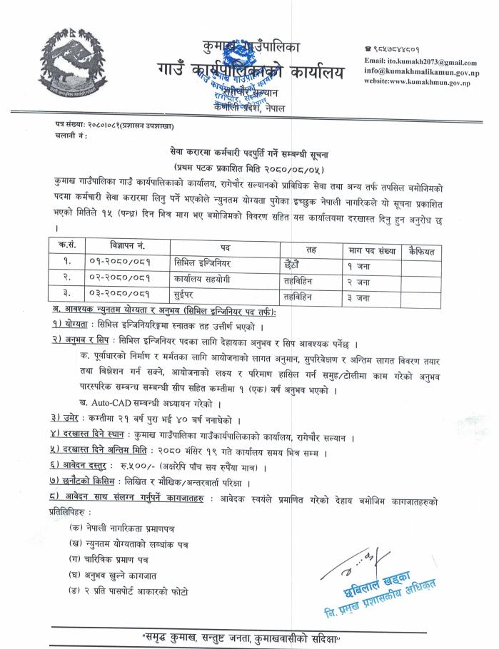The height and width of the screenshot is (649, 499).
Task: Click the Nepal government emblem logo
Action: coord(69,67)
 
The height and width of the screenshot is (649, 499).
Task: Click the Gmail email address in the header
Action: coord(420,63)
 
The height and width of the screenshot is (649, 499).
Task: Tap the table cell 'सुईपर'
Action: coord(187,296)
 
